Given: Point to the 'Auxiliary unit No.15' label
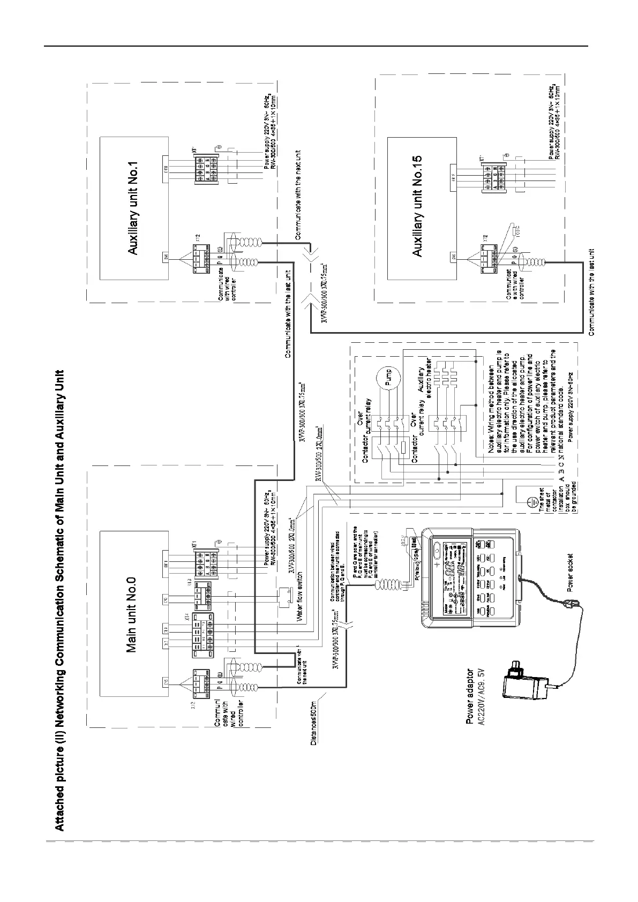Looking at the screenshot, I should pyautogui.click(x=418, y=206).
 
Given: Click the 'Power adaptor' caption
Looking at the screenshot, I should pyautogui.click(x=470, y=696).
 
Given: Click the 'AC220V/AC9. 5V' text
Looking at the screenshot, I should pyautogui.click(x=481, y=696).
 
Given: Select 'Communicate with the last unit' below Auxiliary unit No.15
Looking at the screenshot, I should pyautogui.click(x=591, y=292).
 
